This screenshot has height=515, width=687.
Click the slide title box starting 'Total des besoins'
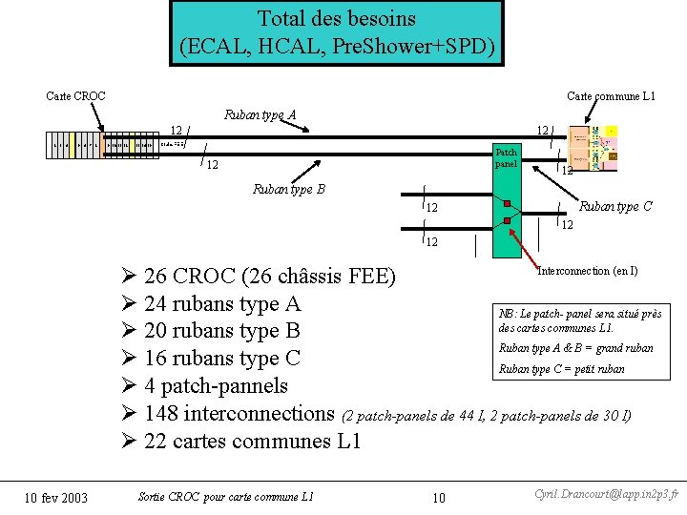tap(337, 32)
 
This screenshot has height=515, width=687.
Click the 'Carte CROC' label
tap(76, 96)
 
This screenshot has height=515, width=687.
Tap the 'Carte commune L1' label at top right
tap(611, 96)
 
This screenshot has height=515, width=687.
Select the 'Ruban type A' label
tap(260, 115)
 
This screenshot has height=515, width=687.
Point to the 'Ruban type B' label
tap(288, 189)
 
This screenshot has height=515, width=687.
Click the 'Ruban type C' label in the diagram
tap(616, 206)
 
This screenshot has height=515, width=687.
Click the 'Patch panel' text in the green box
tap(506, 158)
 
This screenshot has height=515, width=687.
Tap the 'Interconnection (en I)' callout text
tap(588, 271)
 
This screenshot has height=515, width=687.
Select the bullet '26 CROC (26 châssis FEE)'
tap(269, 278)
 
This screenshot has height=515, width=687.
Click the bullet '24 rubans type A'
tap(221, 304)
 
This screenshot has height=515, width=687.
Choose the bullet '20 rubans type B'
tap(221, 331)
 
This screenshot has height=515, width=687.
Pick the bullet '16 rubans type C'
tap(221, 359)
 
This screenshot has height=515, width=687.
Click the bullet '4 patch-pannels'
tap(215, 386)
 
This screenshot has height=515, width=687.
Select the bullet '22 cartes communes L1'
tap(252, 442)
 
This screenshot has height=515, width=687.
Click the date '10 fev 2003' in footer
tap(55, 498)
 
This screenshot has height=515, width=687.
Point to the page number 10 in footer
tap(438, 498)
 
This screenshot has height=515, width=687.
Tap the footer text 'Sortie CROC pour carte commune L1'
tap(225, 496)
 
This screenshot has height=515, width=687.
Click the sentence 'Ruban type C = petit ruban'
tap(562, 369)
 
